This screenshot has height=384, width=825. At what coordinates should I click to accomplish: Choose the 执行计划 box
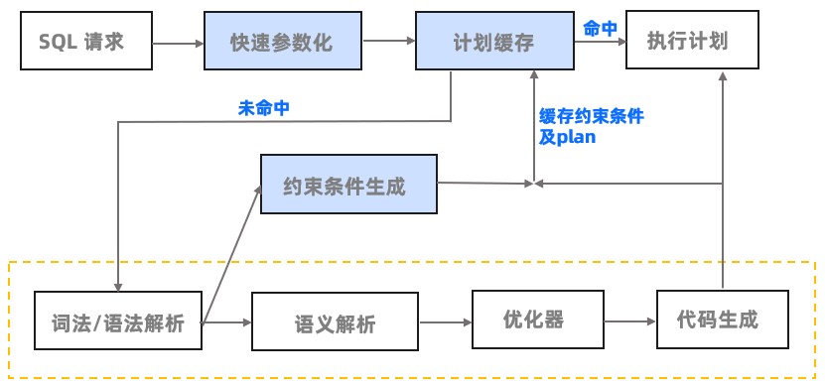[x=688, y=42]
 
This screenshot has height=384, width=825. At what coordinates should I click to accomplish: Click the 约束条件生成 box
[x=347, y=184]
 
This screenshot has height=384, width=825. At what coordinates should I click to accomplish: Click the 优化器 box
[x=536, y=320]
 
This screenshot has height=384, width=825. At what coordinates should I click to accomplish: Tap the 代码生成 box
[x=722, y=320]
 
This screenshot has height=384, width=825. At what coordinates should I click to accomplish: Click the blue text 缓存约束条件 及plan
[x=590, y=126]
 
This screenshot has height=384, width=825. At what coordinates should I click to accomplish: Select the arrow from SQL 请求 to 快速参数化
[x=180, y=43]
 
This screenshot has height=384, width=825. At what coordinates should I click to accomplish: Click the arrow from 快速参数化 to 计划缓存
[x=388, y=42]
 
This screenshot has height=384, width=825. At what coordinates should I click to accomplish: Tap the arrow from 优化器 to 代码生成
[x=628, y=321]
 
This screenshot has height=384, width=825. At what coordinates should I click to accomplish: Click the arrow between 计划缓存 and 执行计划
[x=596, y=42]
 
